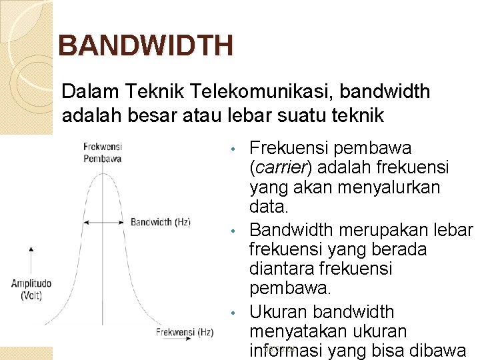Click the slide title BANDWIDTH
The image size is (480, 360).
coord(145,46)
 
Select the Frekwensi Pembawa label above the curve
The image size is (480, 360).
coord(102,153)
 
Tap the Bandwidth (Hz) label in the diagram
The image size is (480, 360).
coord(161,222)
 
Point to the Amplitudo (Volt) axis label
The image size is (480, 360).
coord(31,289)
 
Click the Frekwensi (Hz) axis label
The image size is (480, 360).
coord(185,332)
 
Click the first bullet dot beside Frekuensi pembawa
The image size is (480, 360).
coord(232,148)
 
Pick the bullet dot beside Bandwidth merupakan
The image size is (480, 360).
coord(232,231)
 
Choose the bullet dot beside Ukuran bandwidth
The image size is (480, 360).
coord(232,313)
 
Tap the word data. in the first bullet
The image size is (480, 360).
coord(269,208)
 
